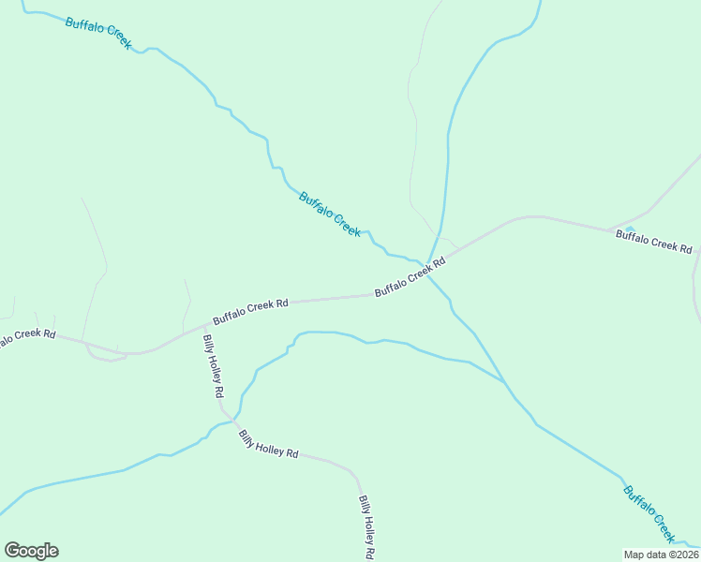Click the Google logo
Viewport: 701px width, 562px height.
coord(32,551)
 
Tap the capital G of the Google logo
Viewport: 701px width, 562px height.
coord(13,551)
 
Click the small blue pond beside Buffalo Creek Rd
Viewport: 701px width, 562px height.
coord(630,229)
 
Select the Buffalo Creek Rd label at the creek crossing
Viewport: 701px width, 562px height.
coord(410,278)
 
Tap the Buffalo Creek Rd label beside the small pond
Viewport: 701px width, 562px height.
coord(653,242)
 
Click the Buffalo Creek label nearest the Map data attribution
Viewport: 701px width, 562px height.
coord(649,513)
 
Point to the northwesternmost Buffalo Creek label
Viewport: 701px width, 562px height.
coord(98,33)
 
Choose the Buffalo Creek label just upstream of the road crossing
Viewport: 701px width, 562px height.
coord(330,214)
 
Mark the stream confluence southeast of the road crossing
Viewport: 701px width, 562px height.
coord(504,383)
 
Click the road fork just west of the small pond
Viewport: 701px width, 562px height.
coord(610,229)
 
